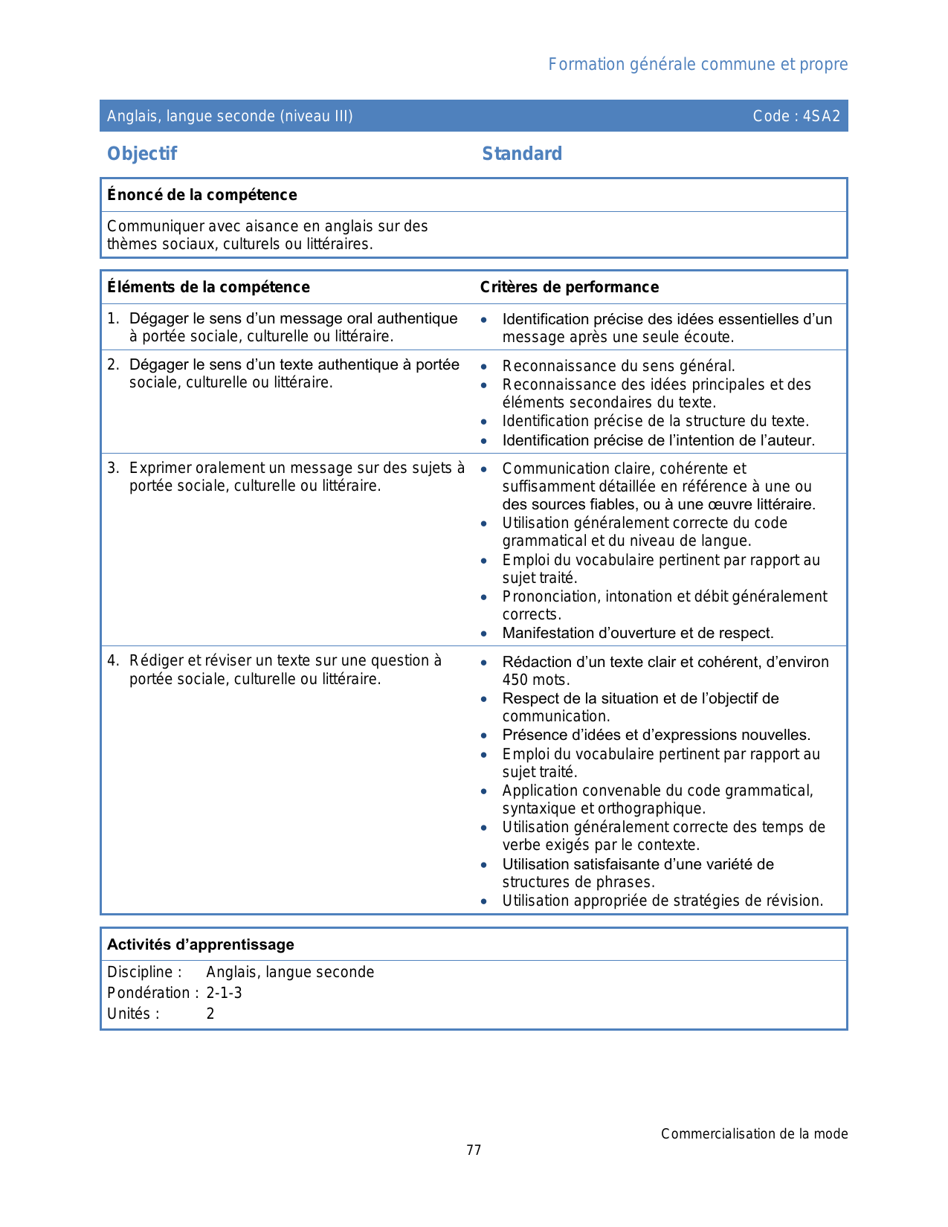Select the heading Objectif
pos(142,154)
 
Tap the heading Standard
pos(522,154)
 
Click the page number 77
pos(474,1150)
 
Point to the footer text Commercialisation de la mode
pos(754,1134)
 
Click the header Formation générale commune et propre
pos(697,65)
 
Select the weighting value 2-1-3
pos(224,993)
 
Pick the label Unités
pos(132,1014)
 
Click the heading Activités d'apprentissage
pos(201,945)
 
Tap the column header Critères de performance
pos(570,288)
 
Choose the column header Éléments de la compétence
pos(208,288)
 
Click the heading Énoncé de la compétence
pos(202,196)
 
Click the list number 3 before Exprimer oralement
pos(112,468)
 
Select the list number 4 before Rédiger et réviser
pos(112,661)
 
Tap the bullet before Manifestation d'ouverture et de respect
pos(484,634)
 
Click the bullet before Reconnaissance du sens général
pos(484,367)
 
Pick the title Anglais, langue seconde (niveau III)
pos(230,116)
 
